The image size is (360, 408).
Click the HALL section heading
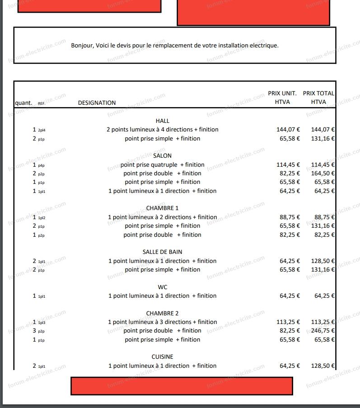coord(162,121)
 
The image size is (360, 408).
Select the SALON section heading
coord(162,156)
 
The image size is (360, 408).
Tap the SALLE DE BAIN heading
coord(162,252)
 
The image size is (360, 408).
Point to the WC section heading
coord(162,287)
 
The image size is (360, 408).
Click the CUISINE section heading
coord(162,357)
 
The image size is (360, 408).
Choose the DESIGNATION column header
coord(97,103)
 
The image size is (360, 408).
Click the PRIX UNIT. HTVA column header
coord(282,98)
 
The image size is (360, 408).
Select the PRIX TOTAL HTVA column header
coord(318,98)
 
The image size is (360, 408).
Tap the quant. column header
coord(23,103)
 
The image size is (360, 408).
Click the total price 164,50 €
coord(323,174)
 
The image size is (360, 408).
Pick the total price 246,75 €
coord(323,331)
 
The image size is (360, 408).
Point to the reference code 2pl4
coord(42,130)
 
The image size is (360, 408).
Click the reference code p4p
coord(41,165)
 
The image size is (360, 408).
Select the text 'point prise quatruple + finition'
coord(162,165)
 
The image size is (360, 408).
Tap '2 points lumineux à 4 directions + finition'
coord(162,130)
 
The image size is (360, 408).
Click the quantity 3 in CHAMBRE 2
coord(34,331)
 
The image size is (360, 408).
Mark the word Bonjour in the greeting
coord(82,46)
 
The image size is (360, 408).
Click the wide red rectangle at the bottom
coord(182,385)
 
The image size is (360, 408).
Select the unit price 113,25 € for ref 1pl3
coord(288,322)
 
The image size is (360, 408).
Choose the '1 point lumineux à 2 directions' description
coord(162,217)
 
